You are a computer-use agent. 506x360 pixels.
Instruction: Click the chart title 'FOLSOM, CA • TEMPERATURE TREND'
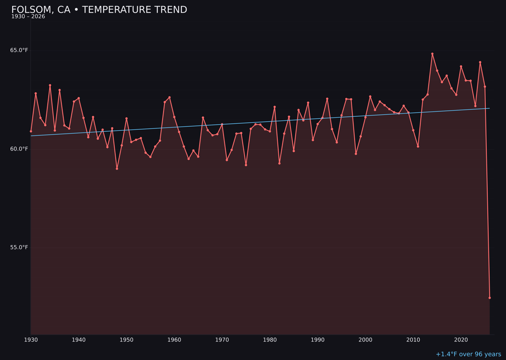99,10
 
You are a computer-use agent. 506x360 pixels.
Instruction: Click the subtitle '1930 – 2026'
28,17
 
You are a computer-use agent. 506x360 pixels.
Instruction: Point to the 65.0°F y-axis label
19,50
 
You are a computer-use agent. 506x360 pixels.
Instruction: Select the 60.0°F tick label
19,149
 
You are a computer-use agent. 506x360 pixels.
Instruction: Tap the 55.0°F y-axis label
19,247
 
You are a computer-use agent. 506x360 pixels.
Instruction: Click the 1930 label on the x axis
31,340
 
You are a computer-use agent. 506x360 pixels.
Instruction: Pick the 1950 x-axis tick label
126,340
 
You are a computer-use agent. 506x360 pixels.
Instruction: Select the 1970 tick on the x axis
222,340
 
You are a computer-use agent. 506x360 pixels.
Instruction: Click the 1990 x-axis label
318,340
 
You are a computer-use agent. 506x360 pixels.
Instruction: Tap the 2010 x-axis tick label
413,340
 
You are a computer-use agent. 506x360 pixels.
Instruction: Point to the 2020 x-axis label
461,340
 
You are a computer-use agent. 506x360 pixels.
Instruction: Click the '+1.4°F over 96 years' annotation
468,354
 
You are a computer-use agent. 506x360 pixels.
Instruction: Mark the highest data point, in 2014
432,54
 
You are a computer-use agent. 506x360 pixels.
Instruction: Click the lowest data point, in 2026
490,298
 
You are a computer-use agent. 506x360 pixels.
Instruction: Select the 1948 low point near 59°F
117,168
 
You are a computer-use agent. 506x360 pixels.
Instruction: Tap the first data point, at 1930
31,131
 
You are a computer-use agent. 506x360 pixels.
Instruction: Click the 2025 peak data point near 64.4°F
480,62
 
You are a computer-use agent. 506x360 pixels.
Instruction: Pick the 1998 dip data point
356,154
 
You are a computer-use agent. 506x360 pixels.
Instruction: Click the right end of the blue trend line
490,108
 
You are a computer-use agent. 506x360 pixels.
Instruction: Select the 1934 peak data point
50,85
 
